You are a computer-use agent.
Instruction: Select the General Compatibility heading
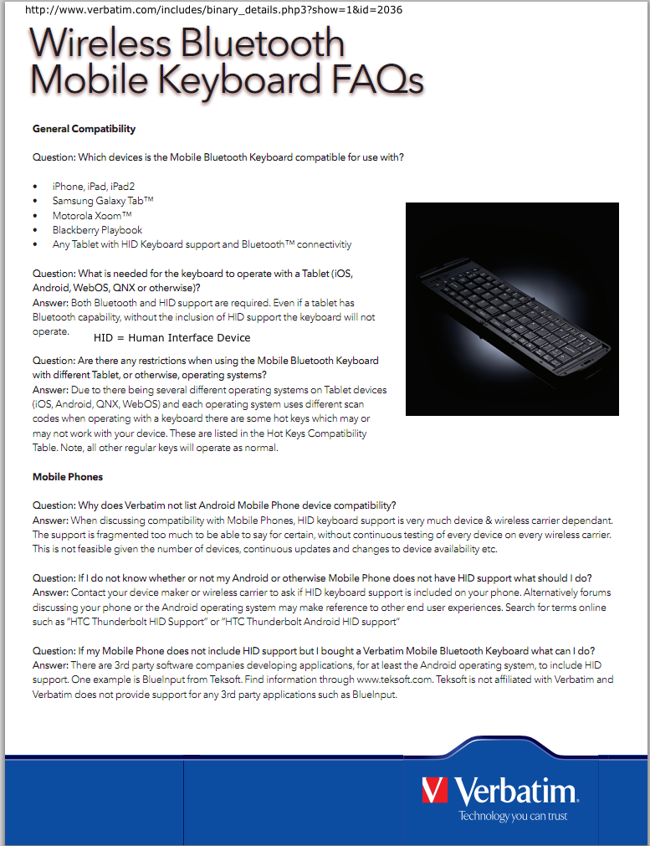click(x=84, y=129)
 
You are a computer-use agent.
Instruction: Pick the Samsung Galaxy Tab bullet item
click(x=103, y=201)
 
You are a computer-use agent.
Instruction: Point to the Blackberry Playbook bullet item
click(x=97, y=229)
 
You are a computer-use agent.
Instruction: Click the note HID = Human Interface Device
click(x=171, y=338)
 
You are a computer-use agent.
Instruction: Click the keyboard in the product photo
click(x=509, y=318)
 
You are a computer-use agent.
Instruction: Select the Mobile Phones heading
click(x=68, y=477)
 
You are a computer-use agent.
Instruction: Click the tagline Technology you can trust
click(x=513, y=816)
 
